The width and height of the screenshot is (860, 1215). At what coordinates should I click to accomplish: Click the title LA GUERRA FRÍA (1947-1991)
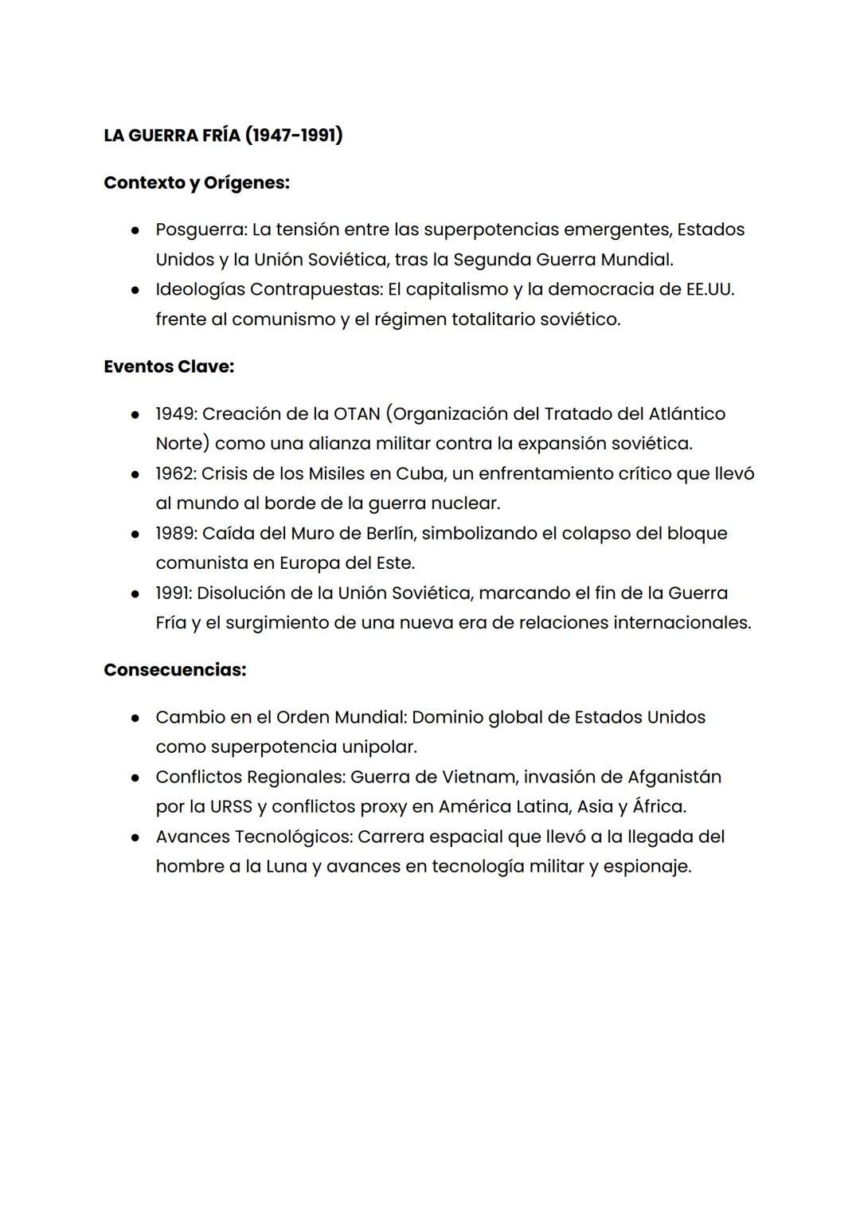(223, 135)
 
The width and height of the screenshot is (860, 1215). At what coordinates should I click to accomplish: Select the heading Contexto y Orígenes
(196, 182)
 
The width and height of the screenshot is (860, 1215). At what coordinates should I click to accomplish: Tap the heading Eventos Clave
(168, 366)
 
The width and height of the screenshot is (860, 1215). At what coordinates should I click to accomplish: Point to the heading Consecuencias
(174, 670)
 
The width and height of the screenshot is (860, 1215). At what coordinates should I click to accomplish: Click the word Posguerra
(201, 229)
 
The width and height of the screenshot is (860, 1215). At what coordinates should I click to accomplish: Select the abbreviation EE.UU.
(709, 289)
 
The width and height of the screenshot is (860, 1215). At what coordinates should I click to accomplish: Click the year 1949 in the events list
(175, 413)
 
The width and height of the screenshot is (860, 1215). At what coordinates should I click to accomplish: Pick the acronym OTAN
(356, 413)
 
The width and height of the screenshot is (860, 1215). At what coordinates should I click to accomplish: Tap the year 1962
(175, 473)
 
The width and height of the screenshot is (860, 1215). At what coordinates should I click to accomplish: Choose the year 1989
(175, 533)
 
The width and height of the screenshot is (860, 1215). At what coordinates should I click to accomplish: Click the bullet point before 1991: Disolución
(136, 594)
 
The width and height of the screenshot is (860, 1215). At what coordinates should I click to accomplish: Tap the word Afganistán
(674, 777)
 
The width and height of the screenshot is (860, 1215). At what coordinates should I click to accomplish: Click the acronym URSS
(231, 806)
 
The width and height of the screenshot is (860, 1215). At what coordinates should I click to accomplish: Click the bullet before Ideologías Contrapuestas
(136, 290)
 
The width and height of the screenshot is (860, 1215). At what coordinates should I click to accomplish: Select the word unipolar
(379, 747)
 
